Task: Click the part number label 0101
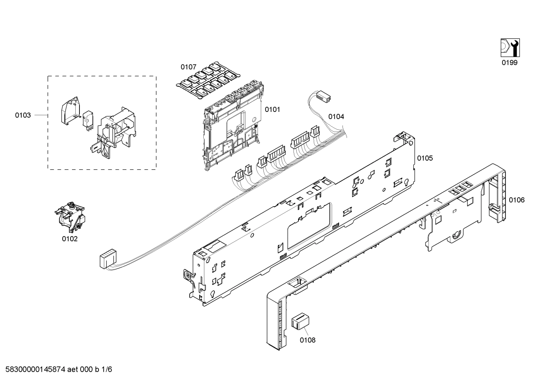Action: pyautogui.click(x=272, y=110)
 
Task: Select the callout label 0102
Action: pyautogui.click(x=70, y=239)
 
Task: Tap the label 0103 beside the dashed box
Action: pyautogui.click(x=23, y=115)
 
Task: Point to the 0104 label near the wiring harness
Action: pyautogui.click(x=336, y=117)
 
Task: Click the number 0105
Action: pyautogui.click(x=425, y=158)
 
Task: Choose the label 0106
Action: pyautogui.click(x=516, y=200)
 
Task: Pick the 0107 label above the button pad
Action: pyautogui.click(x=188, y=67)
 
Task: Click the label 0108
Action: pyautogui.click(x=307, y=340)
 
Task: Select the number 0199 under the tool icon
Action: pyautogui.click(x=509, y=63)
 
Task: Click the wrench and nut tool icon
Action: pyautogui.click(x=510, y=48)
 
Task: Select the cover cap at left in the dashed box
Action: pyautogui.click(x=71, y=110)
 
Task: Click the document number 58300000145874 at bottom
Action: pyautogui.click(x=34, y=370)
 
